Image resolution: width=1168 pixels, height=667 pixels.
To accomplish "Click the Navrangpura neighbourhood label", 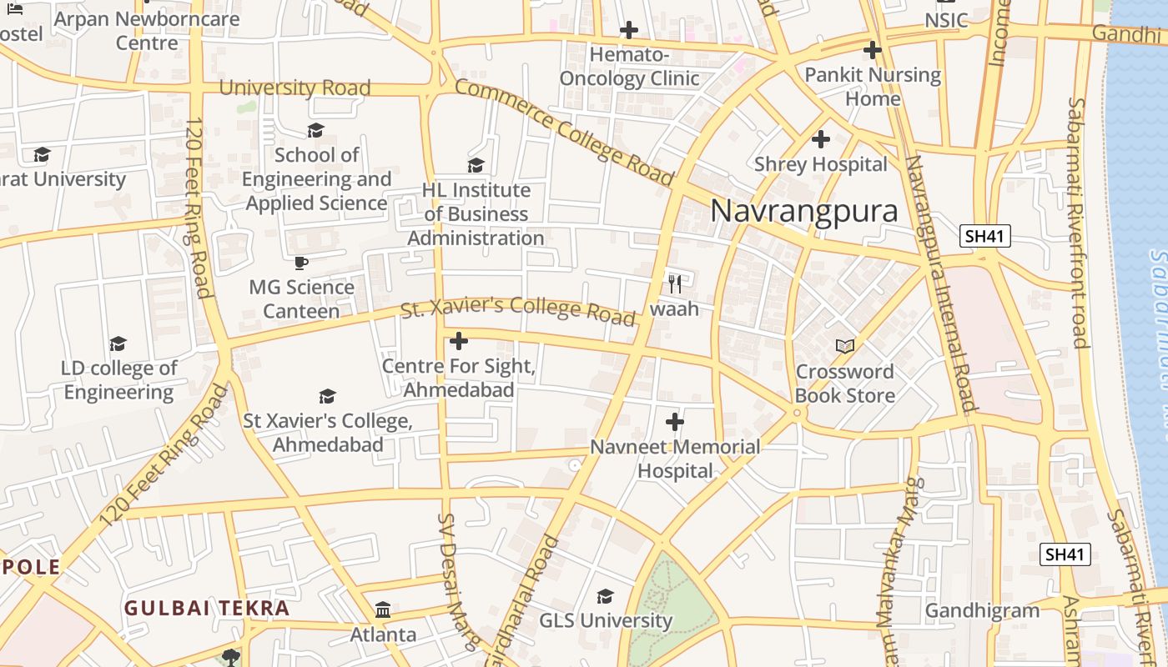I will [x=804, y=211].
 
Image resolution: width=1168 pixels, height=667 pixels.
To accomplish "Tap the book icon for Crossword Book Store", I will [x=845, y=346].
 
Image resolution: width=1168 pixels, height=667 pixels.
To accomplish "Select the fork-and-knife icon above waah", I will [x=675, y=283].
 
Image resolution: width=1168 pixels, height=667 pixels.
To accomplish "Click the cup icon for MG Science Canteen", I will [x=301, y=263].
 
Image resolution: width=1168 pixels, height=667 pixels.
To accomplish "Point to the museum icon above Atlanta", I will [x=383, y=610].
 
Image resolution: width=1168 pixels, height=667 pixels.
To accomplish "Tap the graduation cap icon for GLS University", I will [x=605, y=597].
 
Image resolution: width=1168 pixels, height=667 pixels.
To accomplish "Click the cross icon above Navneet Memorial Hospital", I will [x=675, y=422].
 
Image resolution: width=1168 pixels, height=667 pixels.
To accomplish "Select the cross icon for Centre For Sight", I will [x=459, y=341].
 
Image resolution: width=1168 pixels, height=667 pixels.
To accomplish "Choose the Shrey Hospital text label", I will [x=821, y=164].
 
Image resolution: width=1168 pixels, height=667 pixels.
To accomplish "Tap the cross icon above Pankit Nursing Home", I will [x=873, y=50].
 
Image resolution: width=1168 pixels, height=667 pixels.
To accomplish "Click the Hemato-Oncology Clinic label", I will [x=629, y=67].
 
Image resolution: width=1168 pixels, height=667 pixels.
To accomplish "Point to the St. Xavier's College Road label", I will [x=518, y=309].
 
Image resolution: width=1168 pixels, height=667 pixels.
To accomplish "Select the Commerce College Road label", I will [x=564, y=132].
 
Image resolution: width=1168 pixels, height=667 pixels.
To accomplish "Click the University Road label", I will [x=295, y=88].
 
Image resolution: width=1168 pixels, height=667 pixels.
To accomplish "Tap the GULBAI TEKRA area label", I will [x=207, y=608].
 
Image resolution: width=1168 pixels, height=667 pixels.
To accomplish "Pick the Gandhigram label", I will [x=983, y=611].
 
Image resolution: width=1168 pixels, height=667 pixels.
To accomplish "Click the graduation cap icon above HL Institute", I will [x=476, y=165].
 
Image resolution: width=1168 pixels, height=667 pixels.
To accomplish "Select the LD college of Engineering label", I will [x=119, y=380].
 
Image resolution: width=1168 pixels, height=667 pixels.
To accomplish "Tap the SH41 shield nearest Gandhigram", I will [x=1066, y=554].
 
